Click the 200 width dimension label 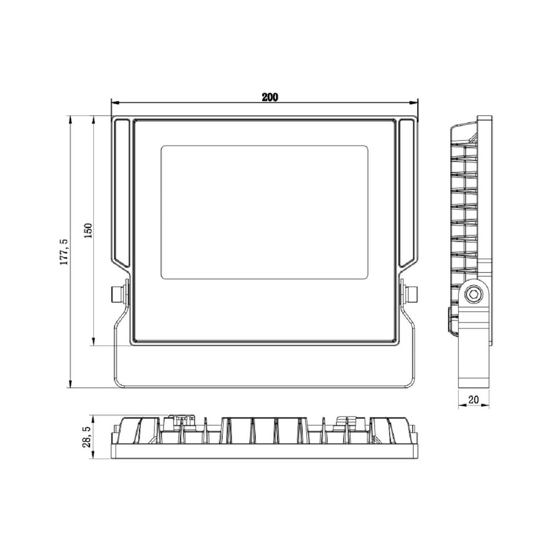pyautogui.click(x=270, y=98)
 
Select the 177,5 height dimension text pyautogui.click(x=64, y=252)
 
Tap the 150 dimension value pyautogui.click(x=88, y=231)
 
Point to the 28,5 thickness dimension pyautogui.click(x=87, y=437)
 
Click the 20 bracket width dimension pyautogui.click(x=474, y=400)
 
